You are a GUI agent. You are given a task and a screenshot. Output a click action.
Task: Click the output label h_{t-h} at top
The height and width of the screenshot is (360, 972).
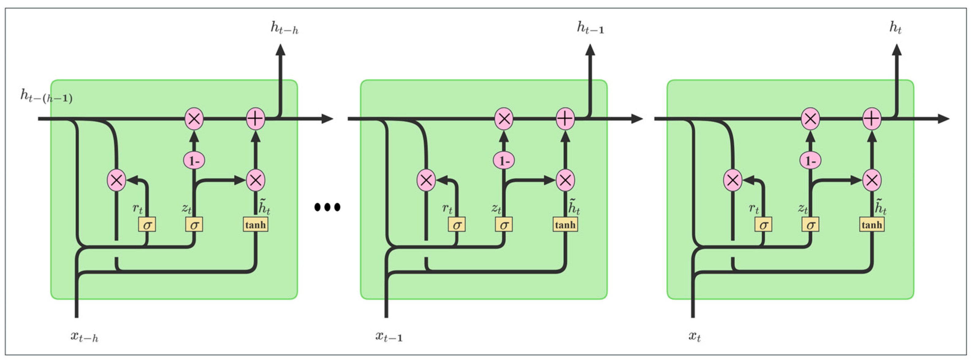click(x=284, y=28)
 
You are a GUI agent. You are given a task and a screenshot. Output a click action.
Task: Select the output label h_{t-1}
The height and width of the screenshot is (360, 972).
click(x=590, y=28)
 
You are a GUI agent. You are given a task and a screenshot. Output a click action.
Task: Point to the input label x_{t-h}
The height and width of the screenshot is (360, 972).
click(x=84, y=336)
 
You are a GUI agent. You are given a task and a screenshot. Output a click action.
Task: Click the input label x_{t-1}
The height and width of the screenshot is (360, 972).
click(x=389, y=336)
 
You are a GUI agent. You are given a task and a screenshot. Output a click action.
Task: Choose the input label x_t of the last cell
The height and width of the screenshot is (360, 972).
click(x=694, y=336)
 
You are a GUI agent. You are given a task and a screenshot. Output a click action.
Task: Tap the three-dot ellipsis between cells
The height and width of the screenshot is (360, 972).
click(x=327, y=207)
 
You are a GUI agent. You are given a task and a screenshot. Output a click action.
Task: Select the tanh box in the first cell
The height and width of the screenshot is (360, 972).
click(x=255, y=225)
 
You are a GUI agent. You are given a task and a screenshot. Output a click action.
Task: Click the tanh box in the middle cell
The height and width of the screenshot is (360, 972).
click(x=565, y=225)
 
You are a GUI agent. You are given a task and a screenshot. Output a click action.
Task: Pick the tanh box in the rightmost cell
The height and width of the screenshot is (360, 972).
click(x=872, y=225)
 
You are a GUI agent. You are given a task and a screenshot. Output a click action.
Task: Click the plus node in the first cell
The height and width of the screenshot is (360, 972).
click(x=255, y=119)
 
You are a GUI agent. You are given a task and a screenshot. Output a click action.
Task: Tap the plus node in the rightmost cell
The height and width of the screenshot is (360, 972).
click(x=872, y=119)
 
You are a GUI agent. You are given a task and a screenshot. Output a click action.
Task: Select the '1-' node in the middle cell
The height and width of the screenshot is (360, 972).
click(x=504, y=161)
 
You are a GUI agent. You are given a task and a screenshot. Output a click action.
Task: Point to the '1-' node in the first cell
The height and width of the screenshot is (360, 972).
click(x=194, y=161)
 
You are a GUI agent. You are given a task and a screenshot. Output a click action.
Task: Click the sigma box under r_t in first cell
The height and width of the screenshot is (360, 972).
click(x=147, y=225)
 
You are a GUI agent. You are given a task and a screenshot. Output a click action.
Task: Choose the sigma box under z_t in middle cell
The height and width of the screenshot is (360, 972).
click(x=504, y=225)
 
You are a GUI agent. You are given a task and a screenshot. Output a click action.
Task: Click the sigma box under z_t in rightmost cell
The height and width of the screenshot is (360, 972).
click(x=810, y=225)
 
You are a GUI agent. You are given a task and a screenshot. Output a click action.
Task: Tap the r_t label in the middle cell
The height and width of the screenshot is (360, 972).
click(x=447, y=208)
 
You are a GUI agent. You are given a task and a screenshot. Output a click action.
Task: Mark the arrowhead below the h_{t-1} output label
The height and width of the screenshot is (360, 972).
click(x=590, y=50)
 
